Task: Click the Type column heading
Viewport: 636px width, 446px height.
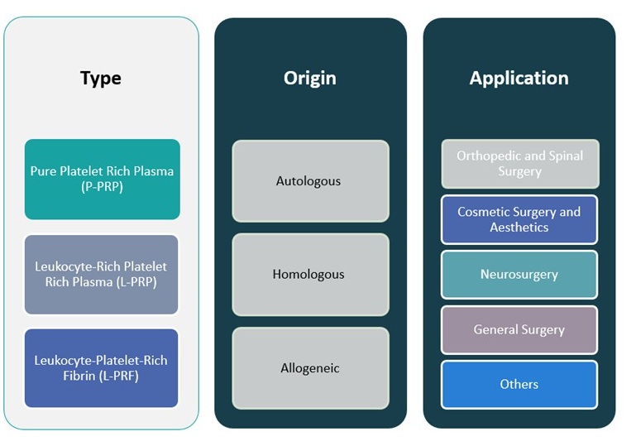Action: pos(101,79)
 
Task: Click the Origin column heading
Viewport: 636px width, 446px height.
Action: pos(309,79)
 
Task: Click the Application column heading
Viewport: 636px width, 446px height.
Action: pos(519,79)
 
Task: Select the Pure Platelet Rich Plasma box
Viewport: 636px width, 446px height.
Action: pos(102,179)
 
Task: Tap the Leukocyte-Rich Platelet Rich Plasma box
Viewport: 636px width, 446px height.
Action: pos(101,275)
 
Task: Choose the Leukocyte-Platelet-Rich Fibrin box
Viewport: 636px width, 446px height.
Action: pos(101,368)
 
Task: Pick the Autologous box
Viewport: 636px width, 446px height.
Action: pos(309,180)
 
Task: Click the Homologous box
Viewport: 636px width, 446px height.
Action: pos(309,274)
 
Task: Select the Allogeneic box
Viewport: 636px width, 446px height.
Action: pos(309,368)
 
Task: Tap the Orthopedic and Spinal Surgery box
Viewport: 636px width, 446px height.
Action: pos(519,164)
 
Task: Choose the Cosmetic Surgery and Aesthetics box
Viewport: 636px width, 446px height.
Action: pos(519,219)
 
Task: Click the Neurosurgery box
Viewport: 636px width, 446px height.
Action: pos(519,274)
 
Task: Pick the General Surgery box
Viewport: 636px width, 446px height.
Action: pos(519,329)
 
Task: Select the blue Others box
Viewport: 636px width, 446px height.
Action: pos(519,384)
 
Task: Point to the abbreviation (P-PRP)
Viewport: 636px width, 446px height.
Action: pos(102,187)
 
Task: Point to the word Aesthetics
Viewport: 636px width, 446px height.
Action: pos(519,228)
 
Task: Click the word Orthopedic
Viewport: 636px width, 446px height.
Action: pos(490,156)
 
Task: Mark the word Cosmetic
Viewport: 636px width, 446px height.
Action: pos(484,212)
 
